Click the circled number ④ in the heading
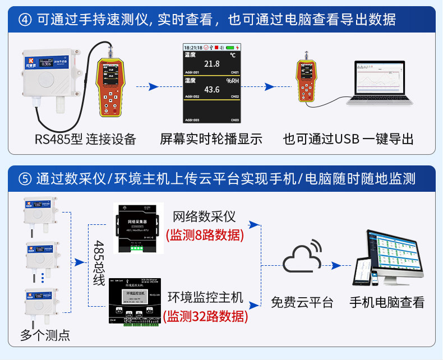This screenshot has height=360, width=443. coord(25,20)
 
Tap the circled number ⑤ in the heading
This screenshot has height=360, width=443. coord(25,179)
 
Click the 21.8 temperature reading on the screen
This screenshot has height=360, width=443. coord(211,64)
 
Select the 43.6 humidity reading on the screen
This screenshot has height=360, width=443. coord(211,90)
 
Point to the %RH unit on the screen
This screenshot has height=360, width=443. coord(232,81)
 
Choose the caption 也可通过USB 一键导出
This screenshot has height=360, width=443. coord(348,139)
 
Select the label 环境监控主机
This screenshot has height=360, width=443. coord(206,297)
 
